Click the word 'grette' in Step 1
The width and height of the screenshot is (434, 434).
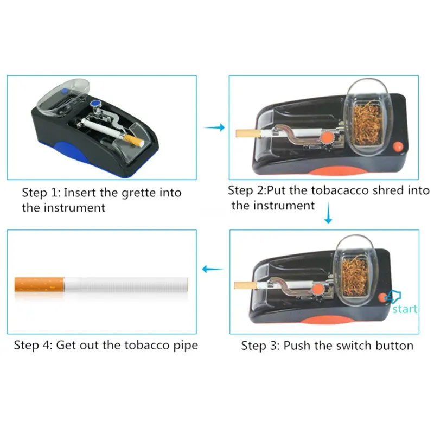[x=139, y=193]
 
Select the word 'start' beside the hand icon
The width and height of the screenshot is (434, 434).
[x=405, y=309]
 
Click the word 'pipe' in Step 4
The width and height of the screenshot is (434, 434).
[x=186, y=346]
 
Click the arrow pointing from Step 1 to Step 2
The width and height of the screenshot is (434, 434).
[x=214, y=127]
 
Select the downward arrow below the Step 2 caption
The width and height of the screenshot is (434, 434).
[x=328, y=213]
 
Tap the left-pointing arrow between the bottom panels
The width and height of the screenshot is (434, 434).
[x=213, y=269]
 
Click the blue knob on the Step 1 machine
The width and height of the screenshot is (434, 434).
[x=95, y=104]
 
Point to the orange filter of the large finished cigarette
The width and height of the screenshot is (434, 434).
[x=39, y=284]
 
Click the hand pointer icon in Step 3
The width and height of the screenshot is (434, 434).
[x=392, y=296]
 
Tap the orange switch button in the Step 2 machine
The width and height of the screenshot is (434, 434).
[x=398, y=146]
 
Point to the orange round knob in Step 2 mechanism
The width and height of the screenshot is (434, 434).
[x=327, y=137]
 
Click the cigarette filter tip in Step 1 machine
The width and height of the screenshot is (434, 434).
[x=135, y=140]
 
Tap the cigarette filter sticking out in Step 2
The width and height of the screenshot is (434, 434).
[x=248, y=133]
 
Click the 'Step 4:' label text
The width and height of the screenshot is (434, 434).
[x=33, y=346]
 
